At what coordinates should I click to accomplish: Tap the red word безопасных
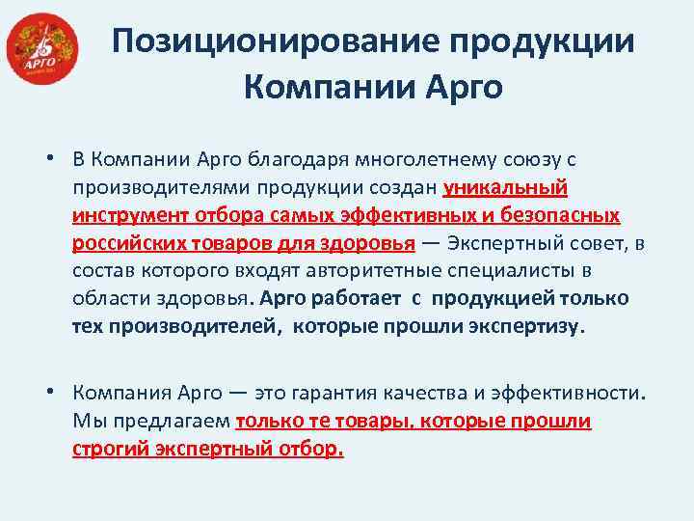pos(554,214)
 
